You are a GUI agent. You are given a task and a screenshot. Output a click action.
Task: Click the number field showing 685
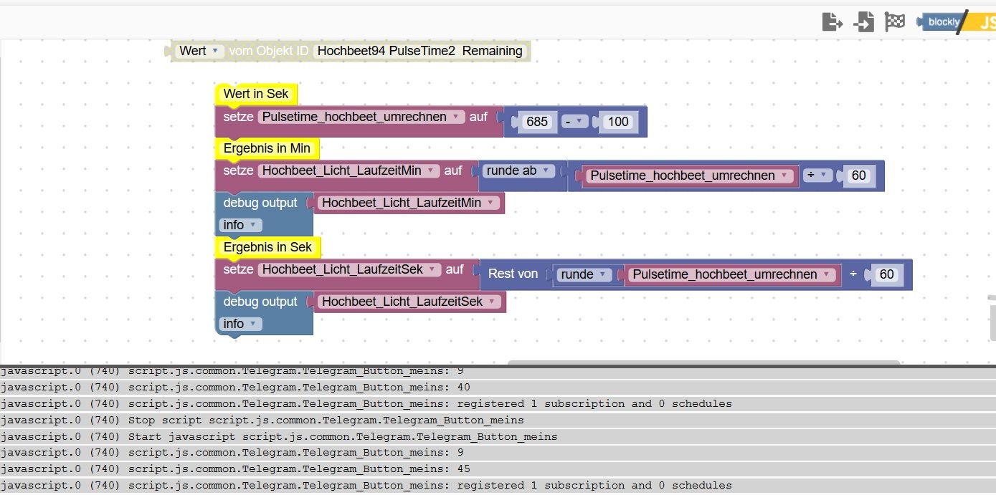pos(537,122)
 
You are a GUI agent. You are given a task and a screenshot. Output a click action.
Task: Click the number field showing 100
pos(618,122)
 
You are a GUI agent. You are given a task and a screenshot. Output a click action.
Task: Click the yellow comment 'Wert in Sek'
pos(256,94)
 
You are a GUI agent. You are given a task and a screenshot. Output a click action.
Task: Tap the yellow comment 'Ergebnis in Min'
pos(267,148)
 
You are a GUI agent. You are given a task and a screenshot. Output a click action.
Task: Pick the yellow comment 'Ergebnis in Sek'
pos(267,247)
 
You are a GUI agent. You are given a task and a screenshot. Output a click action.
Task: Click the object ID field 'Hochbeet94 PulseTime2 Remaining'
pos(419,51)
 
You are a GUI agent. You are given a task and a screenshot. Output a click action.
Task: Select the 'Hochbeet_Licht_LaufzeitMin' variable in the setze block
pos(348,171)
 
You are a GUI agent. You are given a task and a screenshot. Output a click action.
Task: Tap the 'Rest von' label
pos(513,274)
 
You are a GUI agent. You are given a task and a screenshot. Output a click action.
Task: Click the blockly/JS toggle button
pos(957,21)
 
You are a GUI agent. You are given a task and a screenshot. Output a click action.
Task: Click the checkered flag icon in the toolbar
pos(895,22)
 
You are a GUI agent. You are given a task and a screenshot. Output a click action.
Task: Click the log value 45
pos(463,469)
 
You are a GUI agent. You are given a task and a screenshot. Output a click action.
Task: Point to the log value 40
pos(463,388)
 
